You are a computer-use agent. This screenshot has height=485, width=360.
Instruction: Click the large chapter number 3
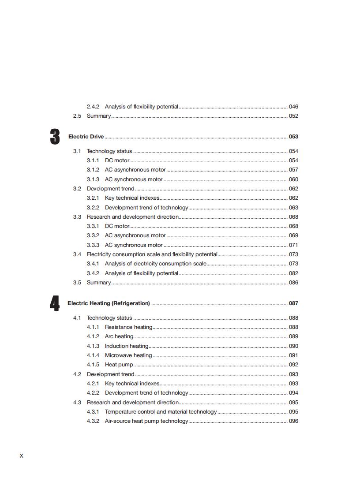pos(55,137)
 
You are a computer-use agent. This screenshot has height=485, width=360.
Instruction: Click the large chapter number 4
pos(55,303)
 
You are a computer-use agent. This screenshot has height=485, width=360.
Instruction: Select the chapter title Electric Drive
pos(86,137)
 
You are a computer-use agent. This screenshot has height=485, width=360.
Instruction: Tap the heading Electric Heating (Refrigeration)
pos(109,303)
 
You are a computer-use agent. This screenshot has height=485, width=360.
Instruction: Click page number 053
pos(293,137)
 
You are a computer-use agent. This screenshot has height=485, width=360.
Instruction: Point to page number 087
pos(293,303)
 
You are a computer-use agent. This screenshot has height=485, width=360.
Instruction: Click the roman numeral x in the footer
pos(21,455)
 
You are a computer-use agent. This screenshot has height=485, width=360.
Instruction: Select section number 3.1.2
pos(93,170)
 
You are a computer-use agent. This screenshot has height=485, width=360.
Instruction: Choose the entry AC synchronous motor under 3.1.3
pos(134,179)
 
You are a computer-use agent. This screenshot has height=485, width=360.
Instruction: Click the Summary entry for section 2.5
pos(99,116)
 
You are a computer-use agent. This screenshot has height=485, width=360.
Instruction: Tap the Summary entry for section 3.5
pos(99,283)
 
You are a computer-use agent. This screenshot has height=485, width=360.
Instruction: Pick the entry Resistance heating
pos(128,327)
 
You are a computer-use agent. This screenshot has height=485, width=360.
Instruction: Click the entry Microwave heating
pos(128,355)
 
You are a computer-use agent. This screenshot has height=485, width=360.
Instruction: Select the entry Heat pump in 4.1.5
pos(119,365)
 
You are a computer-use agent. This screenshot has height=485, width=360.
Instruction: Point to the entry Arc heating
pos(119,336)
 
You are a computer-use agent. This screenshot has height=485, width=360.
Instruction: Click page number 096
pos(293,421)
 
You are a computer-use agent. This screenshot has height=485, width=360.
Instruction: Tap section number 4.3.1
pos(93,412)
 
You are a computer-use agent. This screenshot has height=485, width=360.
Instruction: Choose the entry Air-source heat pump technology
pos(146,421)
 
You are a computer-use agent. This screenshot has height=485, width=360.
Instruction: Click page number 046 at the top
pos(293,107)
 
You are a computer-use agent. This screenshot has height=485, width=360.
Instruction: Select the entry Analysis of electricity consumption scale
pos(155,264)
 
